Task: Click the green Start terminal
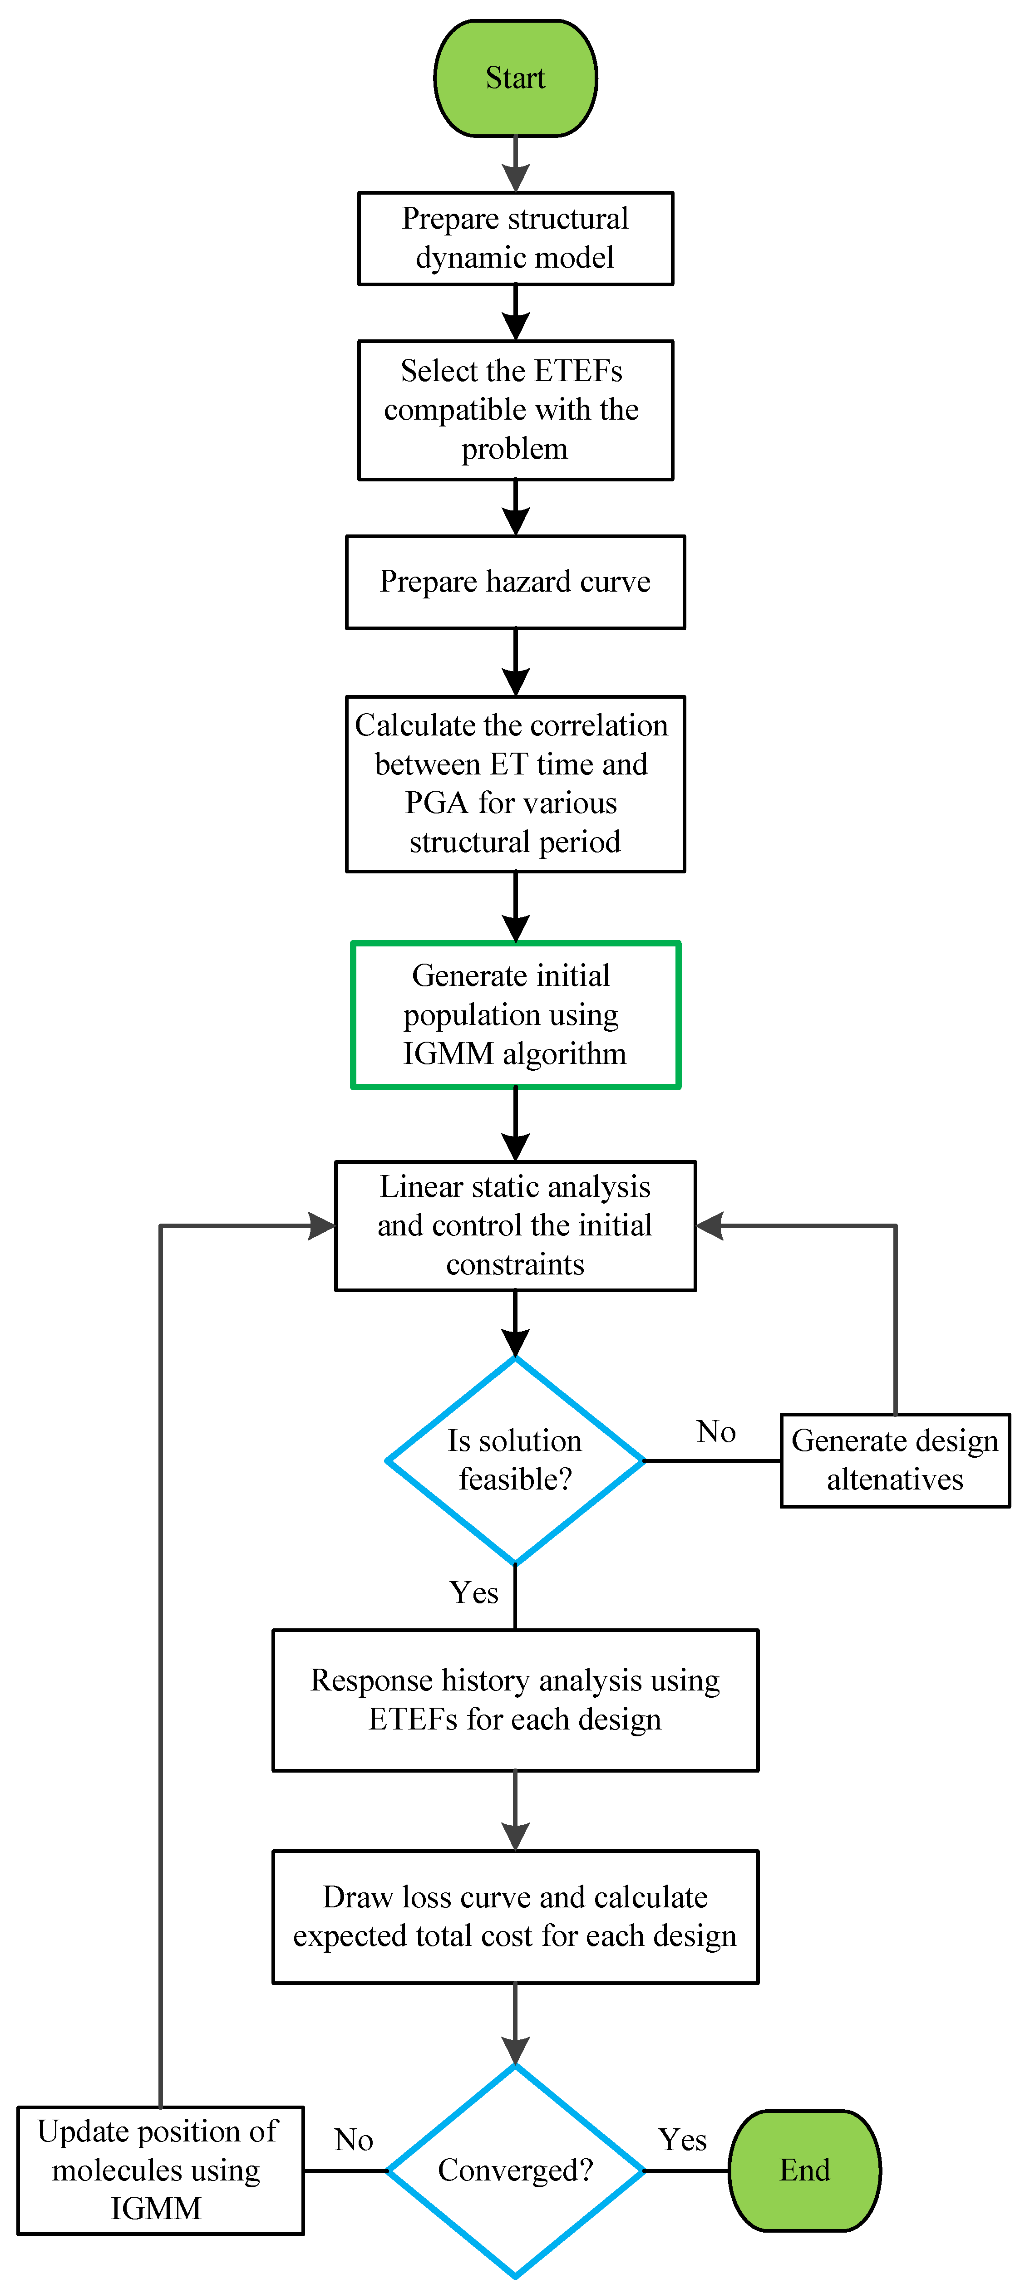coord(515,78)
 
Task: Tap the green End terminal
coord(804,2170)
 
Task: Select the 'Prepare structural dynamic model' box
coord(515,238)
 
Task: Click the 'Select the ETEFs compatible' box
coord(515,409)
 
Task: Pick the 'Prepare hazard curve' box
coord(515,582)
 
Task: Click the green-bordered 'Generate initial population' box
coord(515,1014)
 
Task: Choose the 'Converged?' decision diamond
coord(515,2170)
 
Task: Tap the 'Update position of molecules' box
coord(160,2170)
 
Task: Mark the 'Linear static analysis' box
coord(515,1226)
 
